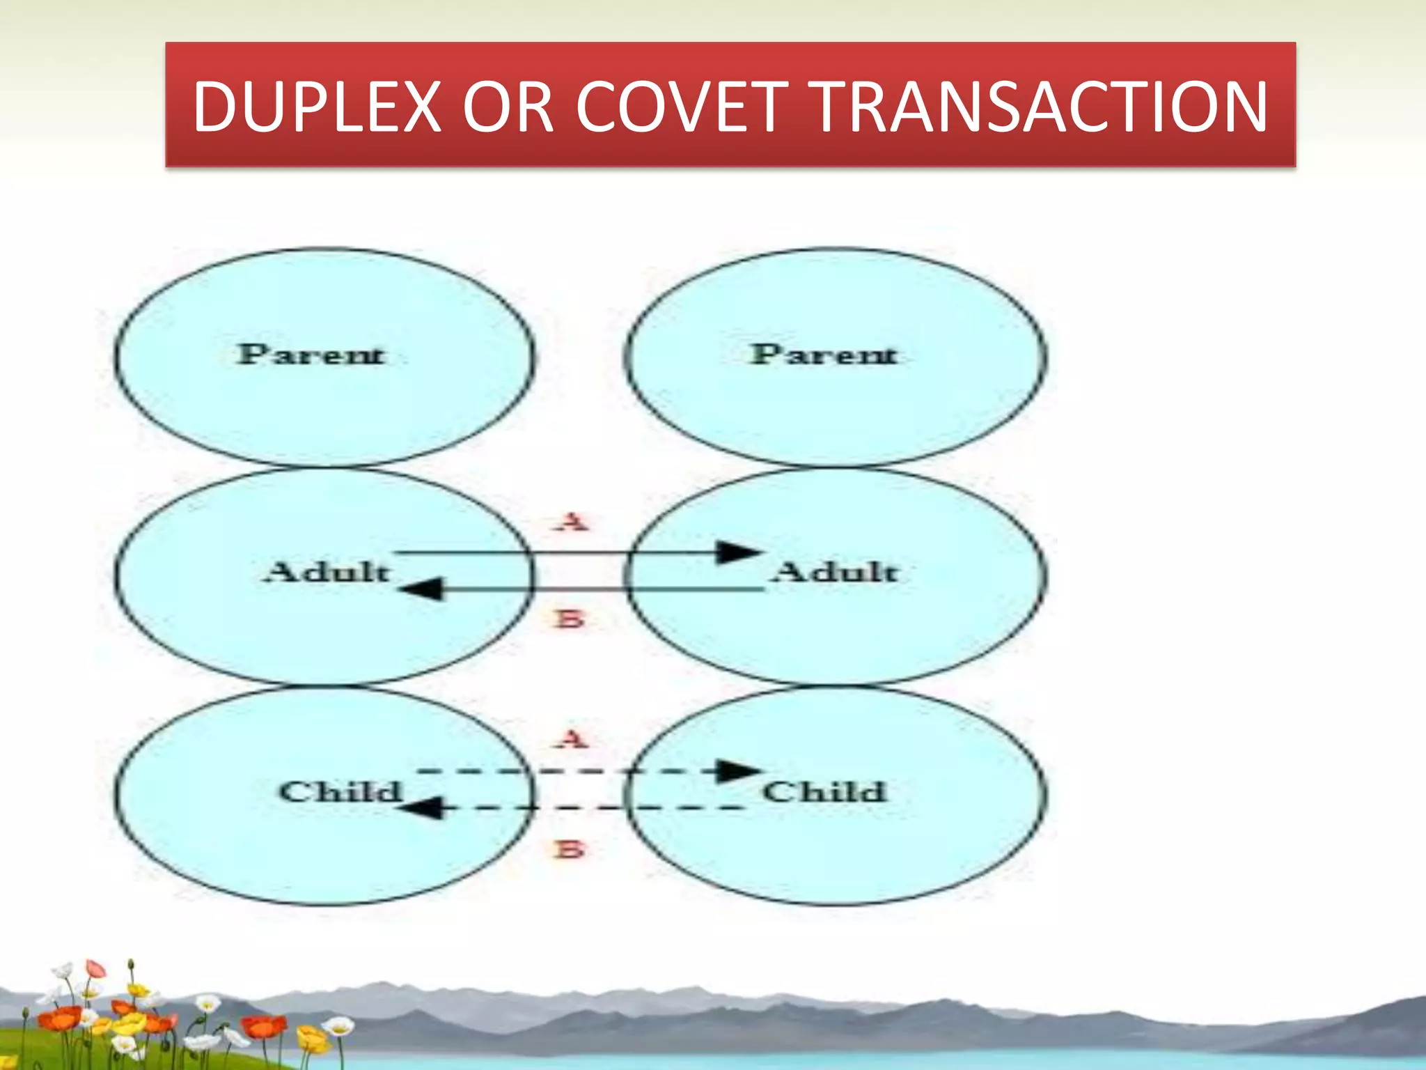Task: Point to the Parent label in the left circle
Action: point(311,355)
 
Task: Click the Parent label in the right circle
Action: point(824,355)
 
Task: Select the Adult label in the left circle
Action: point(327,572)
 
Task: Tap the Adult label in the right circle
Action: point(836,572)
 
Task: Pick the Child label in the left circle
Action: point(340,791)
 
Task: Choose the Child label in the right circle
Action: point(824,791)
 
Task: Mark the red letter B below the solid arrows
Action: point(570,619)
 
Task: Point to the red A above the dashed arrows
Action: point(572,738)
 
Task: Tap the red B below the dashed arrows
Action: point(570,849)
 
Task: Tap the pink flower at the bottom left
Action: point(95,969)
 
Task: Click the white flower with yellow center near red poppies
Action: point(207,1004)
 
